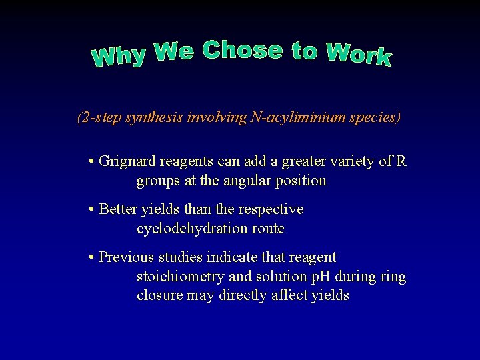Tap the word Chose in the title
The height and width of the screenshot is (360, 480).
[x=242, y=50]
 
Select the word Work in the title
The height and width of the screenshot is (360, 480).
[x=359, y=54]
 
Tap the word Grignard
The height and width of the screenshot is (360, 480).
[x=125, y=161]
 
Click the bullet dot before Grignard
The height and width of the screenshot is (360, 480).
[x=91, y=162]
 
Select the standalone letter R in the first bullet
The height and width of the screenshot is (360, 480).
[x=401, y=161]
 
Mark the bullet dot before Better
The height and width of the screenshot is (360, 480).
[x=91, y=210]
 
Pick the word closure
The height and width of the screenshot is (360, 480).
[x=160, y=295]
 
